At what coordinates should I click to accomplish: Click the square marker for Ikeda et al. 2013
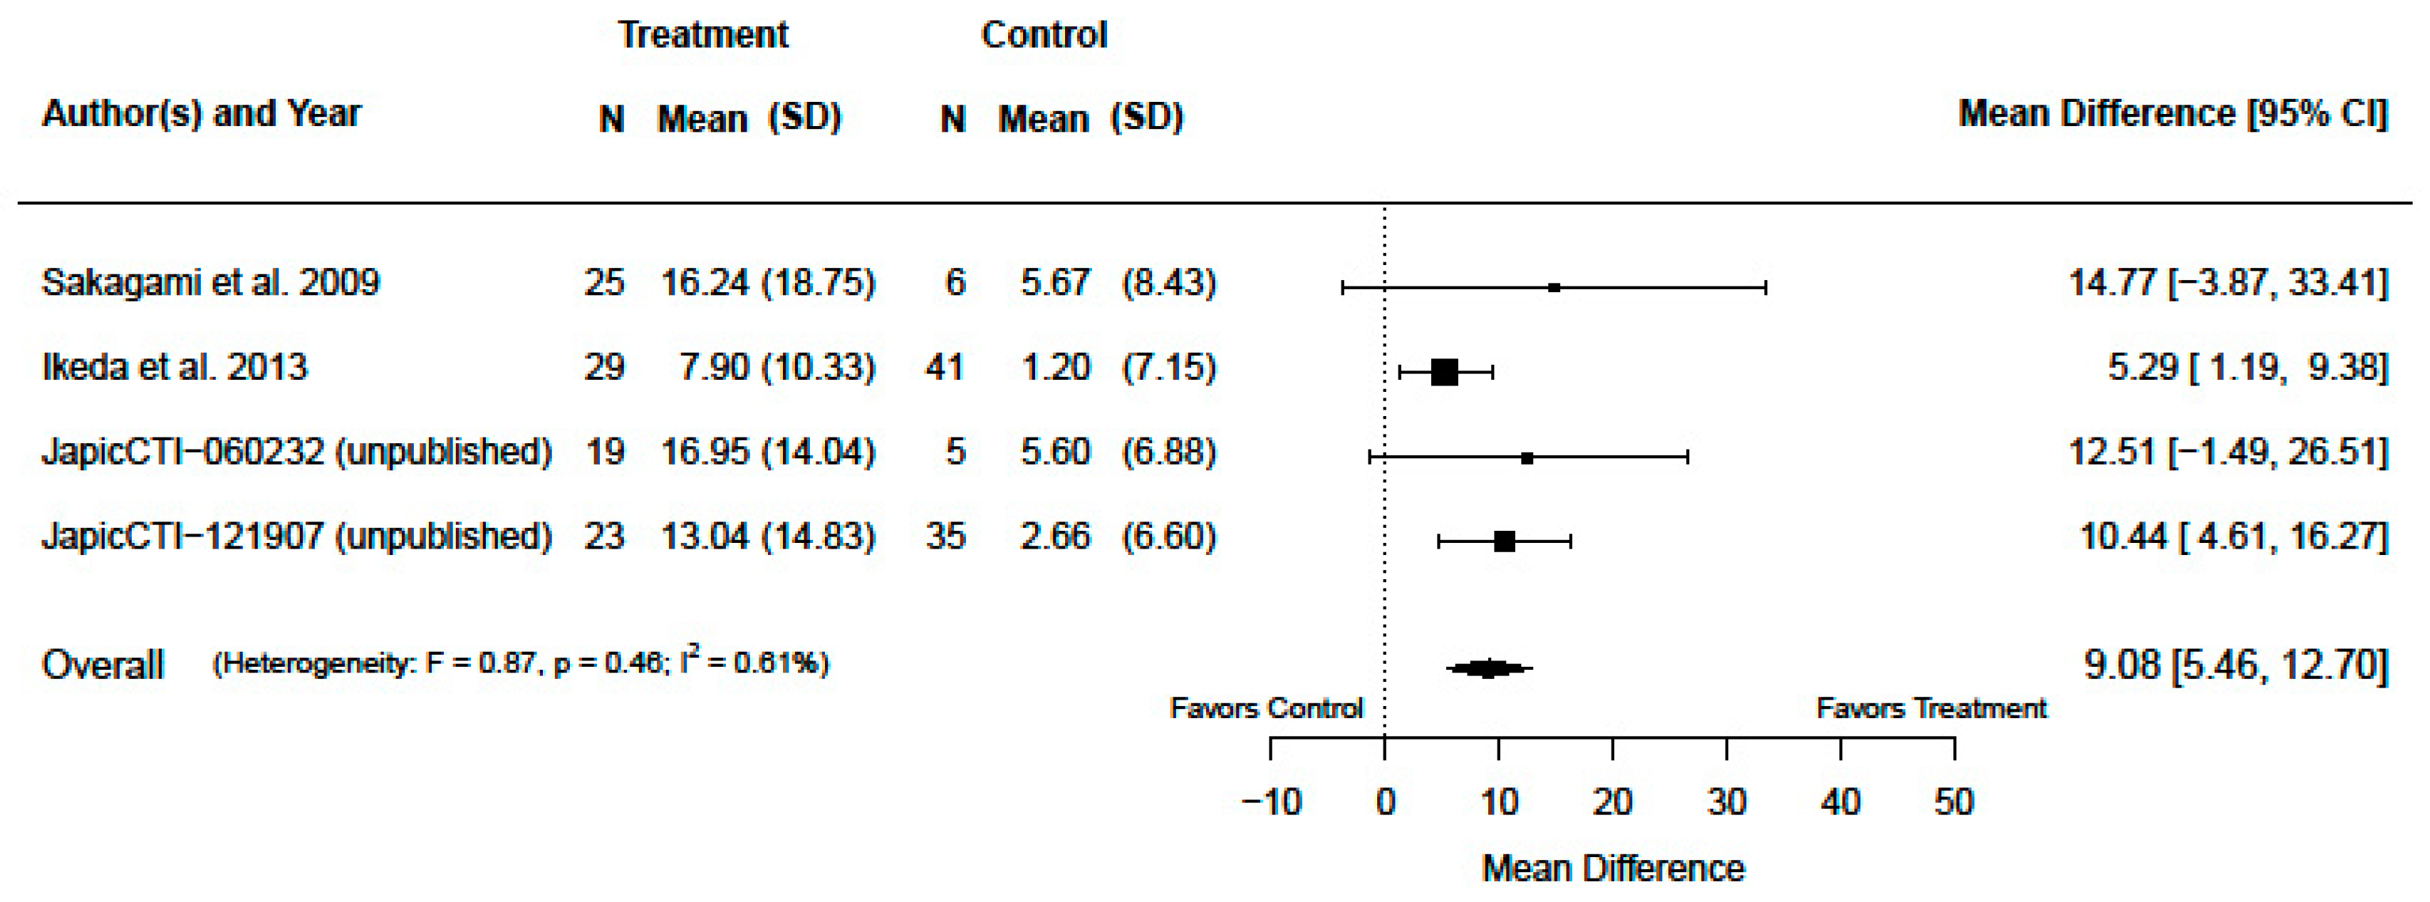tap(1444, 373)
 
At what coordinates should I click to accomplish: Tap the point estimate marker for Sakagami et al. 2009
tap(1554, 288)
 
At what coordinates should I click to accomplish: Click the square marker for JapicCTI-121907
tap(1505, 541)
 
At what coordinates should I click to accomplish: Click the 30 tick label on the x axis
tap(1726, 802)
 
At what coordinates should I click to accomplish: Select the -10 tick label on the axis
tap(1271, 802)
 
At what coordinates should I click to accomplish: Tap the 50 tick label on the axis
tap(1953, 802)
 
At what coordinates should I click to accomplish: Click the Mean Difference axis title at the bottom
tap(1613, 868)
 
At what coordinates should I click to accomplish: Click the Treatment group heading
tap(702, 35)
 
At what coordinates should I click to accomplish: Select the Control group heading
tap(1044, 35)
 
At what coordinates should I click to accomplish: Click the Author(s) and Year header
tap(201, 113)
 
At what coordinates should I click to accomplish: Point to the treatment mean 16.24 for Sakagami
tap(705, 282)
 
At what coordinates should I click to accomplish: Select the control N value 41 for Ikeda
tap(944, 366)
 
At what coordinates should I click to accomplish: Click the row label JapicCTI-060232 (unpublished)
tap(296, 451)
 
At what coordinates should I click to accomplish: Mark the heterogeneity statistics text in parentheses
tap(521, 663)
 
